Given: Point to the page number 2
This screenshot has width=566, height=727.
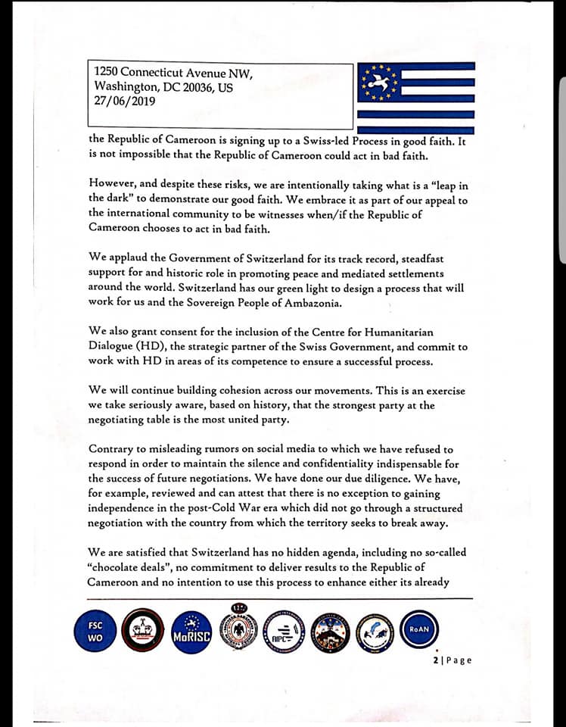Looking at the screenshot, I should pyautogui.click(x=436, y=660).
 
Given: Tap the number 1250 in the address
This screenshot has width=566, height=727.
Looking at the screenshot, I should pyautogui.click(x=107, y=73).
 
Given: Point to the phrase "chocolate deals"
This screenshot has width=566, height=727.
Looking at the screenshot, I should pyautogui.click(x=135, y=567).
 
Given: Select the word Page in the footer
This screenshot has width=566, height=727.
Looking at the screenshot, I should pyautogui.click(x=459, y=660).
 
